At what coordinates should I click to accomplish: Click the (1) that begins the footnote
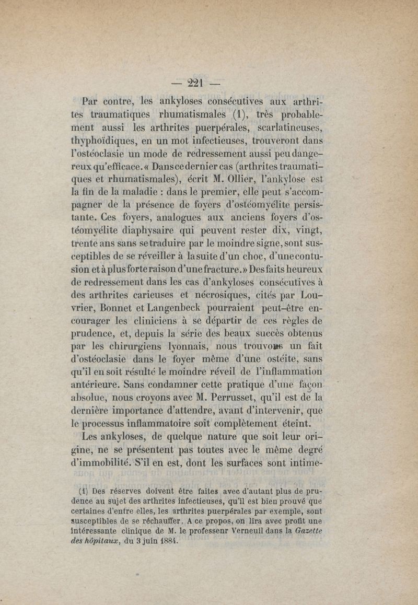point(82,492)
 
